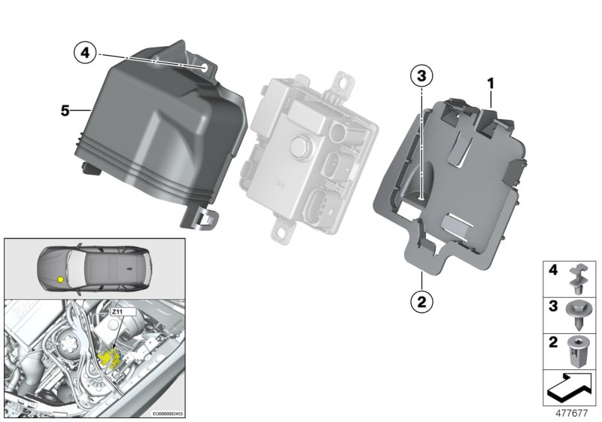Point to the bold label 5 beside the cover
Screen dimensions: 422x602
coord(65,111)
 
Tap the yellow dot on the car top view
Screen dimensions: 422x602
coord(60,279)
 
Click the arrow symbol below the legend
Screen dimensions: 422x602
coord(570,387)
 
